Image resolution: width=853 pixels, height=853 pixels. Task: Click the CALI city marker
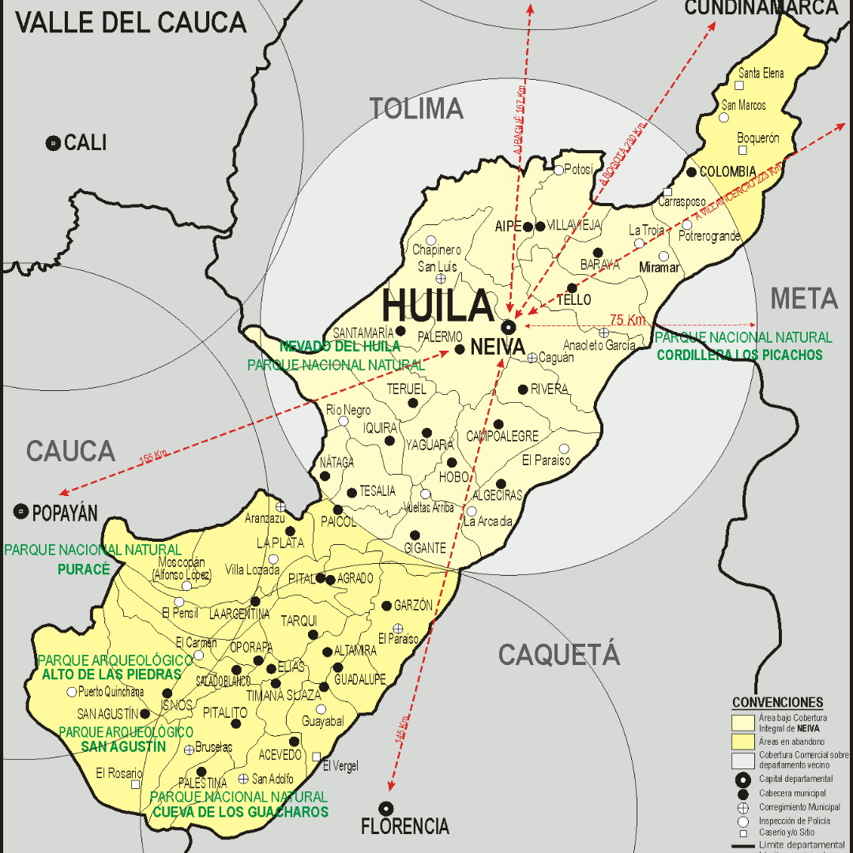(x=53, y=143)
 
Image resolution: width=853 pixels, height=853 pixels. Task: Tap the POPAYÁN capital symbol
(x=21, y=512)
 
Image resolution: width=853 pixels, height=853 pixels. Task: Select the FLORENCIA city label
(x=404, y=827)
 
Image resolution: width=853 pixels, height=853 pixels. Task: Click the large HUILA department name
(x=438, y=306)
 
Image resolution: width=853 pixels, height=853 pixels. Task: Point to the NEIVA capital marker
(x=509, y=326)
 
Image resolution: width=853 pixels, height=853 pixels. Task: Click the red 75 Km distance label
(x=627, y=320)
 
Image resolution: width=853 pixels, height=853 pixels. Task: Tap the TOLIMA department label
(x=416, y=108)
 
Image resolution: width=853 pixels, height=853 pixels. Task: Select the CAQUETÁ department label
(x=558, y=655)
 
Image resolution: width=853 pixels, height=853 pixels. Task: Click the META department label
(x=803, y=299)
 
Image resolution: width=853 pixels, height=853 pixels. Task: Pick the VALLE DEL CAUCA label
(x=131, y=22)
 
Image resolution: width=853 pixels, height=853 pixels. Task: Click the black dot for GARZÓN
(x=386, y=606)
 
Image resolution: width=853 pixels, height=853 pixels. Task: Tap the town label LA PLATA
(x=274, y=543)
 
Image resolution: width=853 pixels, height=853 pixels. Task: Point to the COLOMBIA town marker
(x=692, y=172)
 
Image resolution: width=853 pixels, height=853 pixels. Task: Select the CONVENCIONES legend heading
(x=777, y=702)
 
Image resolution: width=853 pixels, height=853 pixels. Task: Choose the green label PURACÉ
(x=83, y=569)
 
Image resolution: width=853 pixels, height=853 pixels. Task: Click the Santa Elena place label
(x=761, y=73)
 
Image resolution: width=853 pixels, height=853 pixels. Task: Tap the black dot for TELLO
(x=572, y=288)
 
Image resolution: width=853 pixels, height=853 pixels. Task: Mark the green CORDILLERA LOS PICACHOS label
(x=739, y=355)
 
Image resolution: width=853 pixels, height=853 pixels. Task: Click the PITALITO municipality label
(x=225, y=712)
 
